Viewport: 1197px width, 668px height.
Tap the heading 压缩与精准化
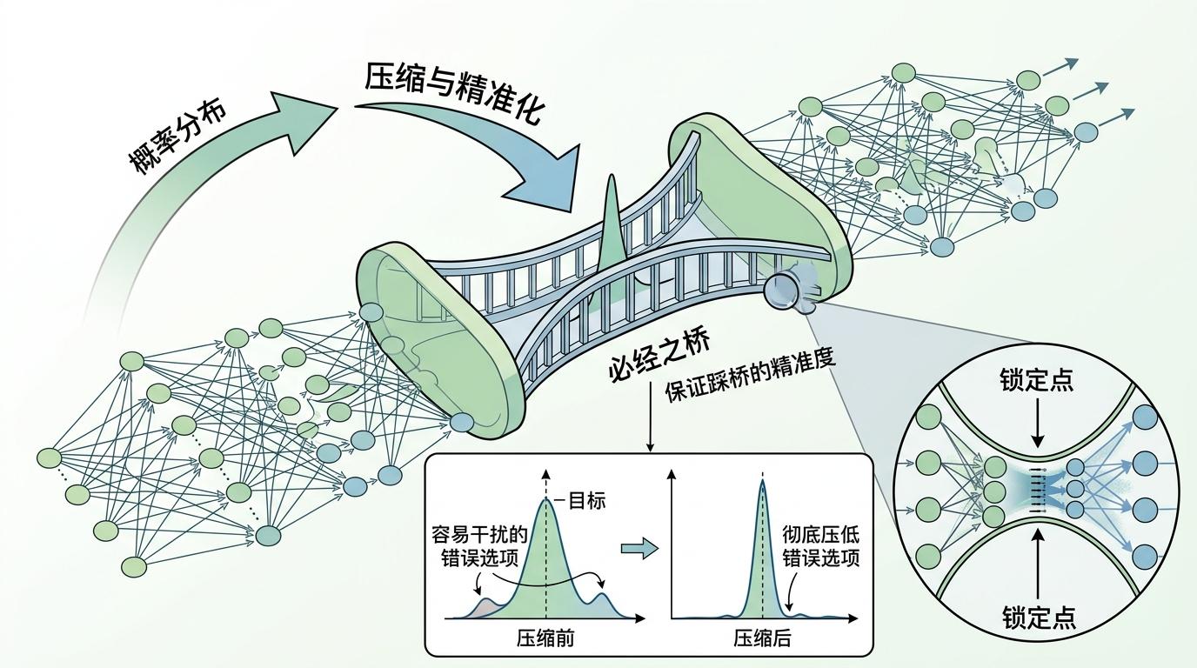pos(453,95)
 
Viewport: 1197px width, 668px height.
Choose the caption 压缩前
pos(545,639)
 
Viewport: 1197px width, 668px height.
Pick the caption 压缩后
pos(762,639)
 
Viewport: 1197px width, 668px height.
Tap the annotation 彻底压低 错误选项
pos(820,546)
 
